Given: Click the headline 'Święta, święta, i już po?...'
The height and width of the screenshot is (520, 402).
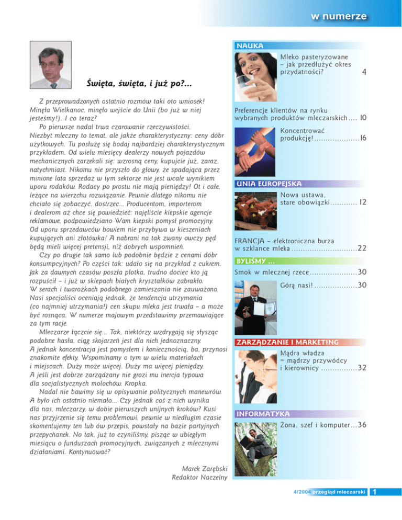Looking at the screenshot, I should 139,84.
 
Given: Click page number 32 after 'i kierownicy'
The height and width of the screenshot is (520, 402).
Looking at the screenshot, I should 362,368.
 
